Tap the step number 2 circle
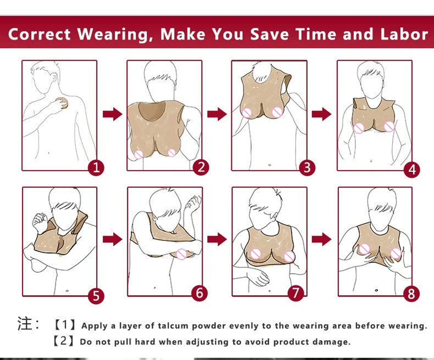pyautogui.click(x=201, y=167)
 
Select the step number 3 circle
pyautogui.click(x=307, y=167)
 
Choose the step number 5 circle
pyautogui.click(x=96, y=296)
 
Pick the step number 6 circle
pyautogui.click(x=201, y=293)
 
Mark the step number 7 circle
pyautogui.click(x=296, y=293)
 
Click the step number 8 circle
pyautogui.click(x=411, y=294)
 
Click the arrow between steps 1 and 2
pyautogui.click(x=112, y=114)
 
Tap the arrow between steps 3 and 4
pyautogui.click(x=321, y=114)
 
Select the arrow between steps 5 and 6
pyautogui.click(x=112, y=239)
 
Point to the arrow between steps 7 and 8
pyautogui.click(x=321, y=239)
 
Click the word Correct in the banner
pyautogui.click(x=40, y=34)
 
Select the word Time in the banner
pyautogui.click(x=316, y=34)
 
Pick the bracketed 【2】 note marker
pyautogui.click(x=64, y=341)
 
